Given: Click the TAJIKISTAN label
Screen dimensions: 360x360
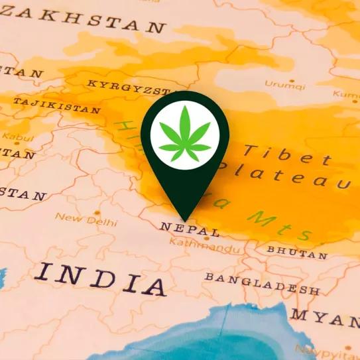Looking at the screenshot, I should [57, 106].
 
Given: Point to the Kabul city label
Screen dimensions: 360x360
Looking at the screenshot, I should [13, 137].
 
